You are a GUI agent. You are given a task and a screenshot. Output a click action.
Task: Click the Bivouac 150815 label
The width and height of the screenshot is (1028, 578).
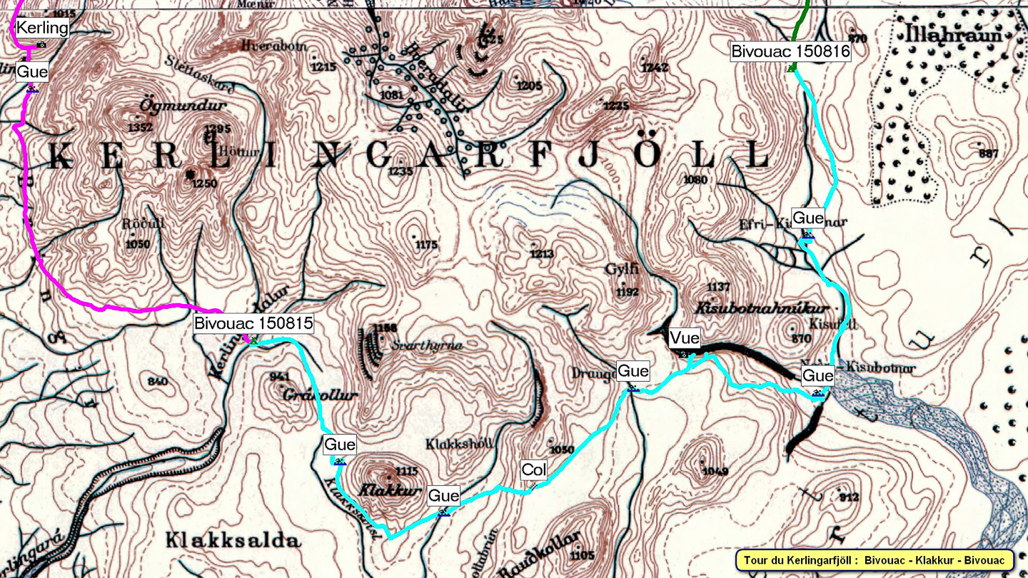253,323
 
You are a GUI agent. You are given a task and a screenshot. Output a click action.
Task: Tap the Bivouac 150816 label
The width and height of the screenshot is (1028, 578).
790,51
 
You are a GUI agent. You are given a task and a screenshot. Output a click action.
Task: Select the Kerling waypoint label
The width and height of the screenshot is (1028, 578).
42,28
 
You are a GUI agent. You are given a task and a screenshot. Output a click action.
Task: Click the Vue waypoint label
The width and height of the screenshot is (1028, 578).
684,338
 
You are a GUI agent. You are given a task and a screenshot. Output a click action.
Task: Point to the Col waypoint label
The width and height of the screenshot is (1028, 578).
534,470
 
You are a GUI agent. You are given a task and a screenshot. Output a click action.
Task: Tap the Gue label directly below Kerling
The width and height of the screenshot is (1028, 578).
32,71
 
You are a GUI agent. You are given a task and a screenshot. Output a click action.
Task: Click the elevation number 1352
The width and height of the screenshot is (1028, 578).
139,128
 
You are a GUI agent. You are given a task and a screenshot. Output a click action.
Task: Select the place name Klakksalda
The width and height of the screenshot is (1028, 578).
233,540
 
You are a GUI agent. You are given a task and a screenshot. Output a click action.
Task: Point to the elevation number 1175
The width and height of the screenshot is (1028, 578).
425,245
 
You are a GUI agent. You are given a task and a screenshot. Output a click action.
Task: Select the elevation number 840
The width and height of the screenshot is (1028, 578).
157,382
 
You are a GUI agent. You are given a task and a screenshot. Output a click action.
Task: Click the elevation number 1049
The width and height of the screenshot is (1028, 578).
715,471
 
